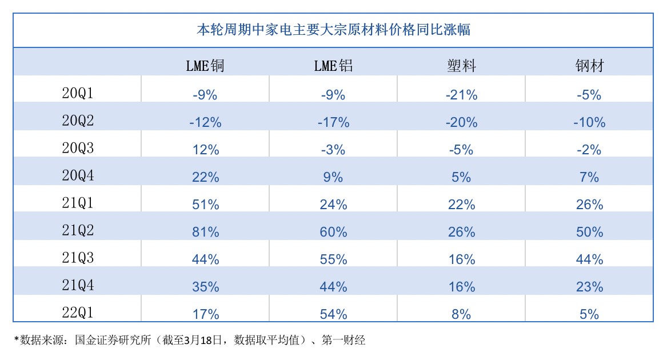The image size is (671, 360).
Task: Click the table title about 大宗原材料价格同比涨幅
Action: click(x=333, y=30)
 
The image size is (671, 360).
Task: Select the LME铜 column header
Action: click(x=205, y=66)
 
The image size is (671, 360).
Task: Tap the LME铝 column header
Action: click(x=333, y=66)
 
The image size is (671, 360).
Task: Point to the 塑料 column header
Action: click(x=461, y=66)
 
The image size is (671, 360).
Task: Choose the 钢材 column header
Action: click(x=589, y=66)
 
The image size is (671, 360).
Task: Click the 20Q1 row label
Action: click(x=77, y=94)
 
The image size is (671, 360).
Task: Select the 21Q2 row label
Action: click(x=77, y=231)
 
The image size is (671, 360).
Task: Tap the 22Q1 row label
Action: click(x=77, y=313)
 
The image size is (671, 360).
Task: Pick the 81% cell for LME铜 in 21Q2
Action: click(x=205, y=232)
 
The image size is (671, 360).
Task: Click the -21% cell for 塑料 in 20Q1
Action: click(x=461, y=95)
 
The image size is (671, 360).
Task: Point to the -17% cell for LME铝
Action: click(x=333, y=122)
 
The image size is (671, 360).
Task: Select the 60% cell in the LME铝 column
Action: click(x=333, y=232)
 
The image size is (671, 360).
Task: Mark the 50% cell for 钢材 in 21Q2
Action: click(x=589, y=232)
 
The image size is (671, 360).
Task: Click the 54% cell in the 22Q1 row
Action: click(x=333, y=314)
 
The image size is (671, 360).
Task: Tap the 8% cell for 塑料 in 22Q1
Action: click(x=461, y=314)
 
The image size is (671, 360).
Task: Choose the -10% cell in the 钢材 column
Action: click(x=589, y=122)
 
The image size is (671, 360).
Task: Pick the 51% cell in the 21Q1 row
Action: click(x=205, y=205)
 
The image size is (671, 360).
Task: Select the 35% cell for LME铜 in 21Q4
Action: click(x=205, y=287)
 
